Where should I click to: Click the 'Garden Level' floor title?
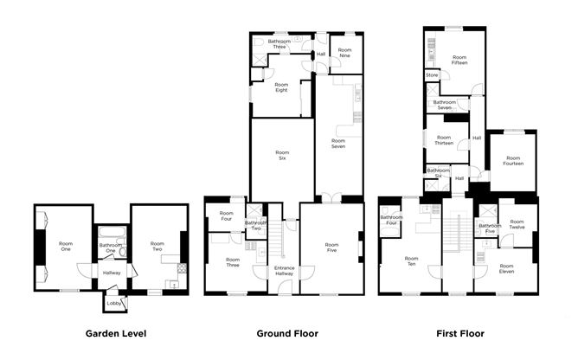coord(115,333)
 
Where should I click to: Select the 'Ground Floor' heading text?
coord(287,333)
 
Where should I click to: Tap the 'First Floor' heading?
coord(459,333)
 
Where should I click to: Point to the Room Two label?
coord(157,247)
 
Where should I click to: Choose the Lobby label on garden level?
coord(113,303)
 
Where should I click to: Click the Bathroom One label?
coord(112,247)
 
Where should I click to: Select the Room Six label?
coord(281,155)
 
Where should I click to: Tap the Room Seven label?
coord(338,143)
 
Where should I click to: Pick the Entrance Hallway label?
coord(284,271)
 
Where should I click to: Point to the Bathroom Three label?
coord(279,44)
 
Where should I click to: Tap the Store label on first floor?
coord(432,75)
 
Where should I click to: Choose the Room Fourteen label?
coord(513,161)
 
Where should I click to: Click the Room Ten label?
coord(411,261)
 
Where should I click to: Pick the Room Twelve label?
coord(517,224)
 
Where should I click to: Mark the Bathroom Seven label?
coord(445,105)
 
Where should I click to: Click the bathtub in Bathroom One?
coord(112,232)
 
